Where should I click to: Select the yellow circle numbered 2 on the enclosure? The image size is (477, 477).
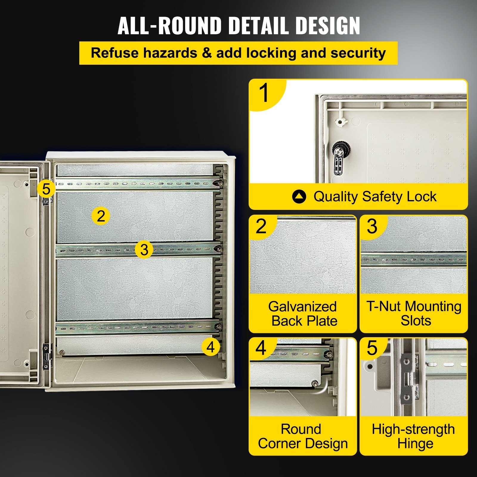pyautogui.click(x=101, y=216)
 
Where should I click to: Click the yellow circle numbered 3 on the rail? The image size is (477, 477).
pyautogui.click(x=144, y=250)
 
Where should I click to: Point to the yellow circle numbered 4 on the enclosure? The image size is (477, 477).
pyautogui.click(x=210, y=347)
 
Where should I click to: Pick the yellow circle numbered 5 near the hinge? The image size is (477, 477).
pyautogui.click(x=47, y=189)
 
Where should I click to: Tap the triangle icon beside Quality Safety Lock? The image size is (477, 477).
pyautogui.click(x=299, y=197)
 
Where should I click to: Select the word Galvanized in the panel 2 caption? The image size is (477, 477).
pyautogui.click(x=302, y=306)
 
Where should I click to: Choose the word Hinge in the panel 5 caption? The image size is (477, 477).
pyautogui.click(x=415, y=444)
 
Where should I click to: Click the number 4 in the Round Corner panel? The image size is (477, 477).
pyautogui.click(x=261, y=348)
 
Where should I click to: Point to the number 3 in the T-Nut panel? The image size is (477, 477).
pyautogui.click(x=372, y=226)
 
